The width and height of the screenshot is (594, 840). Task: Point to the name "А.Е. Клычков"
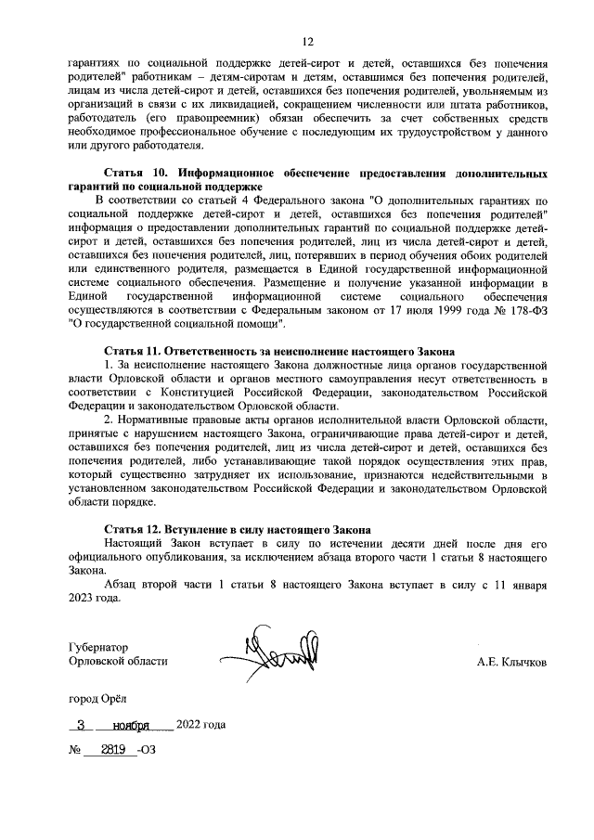(511, 664)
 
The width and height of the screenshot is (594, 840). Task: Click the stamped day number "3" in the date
(82, 726)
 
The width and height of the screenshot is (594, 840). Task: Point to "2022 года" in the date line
(200, 725)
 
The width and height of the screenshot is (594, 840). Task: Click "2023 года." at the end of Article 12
(96, 600)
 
